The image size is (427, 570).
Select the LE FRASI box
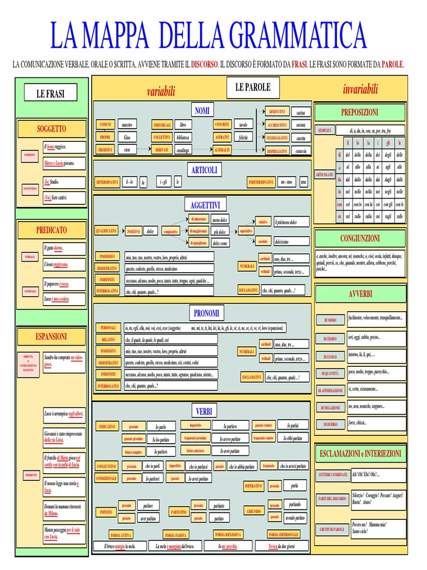(x=50, y=94)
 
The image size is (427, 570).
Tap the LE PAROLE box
(x=253, y=87)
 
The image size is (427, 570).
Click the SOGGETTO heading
(x=51, y=129)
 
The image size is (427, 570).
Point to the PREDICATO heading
(x=51, y=229)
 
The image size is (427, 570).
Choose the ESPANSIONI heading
(x=51, y=336)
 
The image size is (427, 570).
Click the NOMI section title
(x=202, y=111)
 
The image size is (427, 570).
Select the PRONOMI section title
(x=206, y=313)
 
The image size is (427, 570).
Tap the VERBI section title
(x=204, y=411)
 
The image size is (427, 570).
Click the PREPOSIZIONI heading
(x=360, y=112)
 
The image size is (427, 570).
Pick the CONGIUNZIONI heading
(x=360, y=238)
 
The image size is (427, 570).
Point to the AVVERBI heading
(x=360, y=293)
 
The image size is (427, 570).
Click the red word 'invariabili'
(x=361, y=89)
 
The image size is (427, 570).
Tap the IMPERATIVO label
(x=253, y=486)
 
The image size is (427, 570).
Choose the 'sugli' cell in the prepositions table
(x=389, y=215)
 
